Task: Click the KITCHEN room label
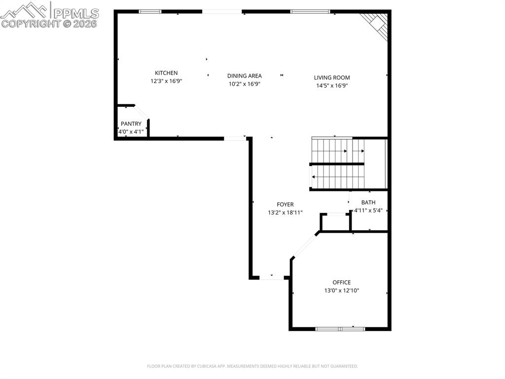tap(166, 73)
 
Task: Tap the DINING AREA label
tap(244, 76)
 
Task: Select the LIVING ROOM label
tap(332, 78)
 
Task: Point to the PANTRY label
tap(131, 124)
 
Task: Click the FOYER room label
tap(285, 205)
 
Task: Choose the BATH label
tap(368, 203)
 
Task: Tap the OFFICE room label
tap(341, 283)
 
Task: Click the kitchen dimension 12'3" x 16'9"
tap(166, 82)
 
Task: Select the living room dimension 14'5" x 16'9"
tap(332, 86)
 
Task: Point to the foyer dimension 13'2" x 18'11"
tap(285, 213)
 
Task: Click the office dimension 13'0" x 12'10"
tap(341, 291)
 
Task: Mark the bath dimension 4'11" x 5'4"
tap(368, 211)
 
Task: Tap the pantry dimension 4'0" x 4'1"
tap(131, 132)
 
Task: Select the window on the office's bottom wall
tap(340, 329)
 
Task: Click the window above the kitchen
tap(150, 11)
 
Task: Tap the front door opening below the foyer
tap(272, 278)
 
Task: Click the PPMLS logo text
tap(75, 13)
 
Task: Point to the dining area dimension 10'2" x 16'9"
tap(244, 84)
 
